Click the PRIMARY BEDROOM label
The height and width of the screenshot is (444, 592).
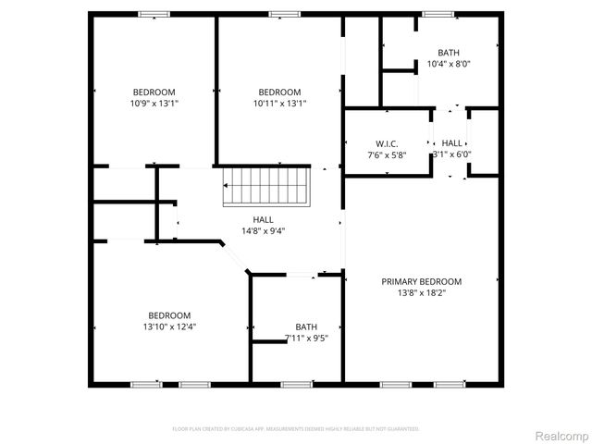coord(422,281)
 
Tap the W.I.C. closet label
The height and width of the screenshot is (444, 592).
coord(386,143)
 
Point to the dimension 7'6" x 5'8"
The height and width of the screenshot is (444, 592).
coord(386,154)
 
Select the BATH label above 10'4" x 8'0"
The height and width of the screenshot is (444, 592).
coord(449,53)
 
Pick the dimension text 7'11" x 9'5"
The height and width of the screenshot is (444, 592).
coord(306,338)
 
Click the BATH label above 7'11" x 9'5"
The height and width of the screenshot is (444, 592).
coord(306,327)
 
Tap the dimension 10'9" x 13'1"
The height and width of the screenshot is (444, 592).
coord(154,104)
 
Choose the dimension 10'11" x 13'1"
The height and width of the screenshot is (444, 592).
coord(279,104)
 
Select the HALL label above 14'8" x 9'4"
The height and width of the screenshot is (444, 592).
coord(263,219)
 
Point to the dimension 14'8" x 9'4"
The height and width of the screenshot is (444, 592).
coord(263,230)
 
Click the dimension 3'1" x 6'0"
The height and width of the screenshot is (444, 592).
coord(452,154)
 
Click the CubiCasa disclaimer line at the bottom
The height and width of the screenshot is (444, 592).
coord(296,429)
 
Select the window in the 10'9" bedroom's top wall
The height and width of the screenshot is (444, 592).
coord(154,14)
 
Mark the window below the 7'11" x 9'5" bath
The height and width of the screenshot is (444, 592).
coord(294,384)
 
